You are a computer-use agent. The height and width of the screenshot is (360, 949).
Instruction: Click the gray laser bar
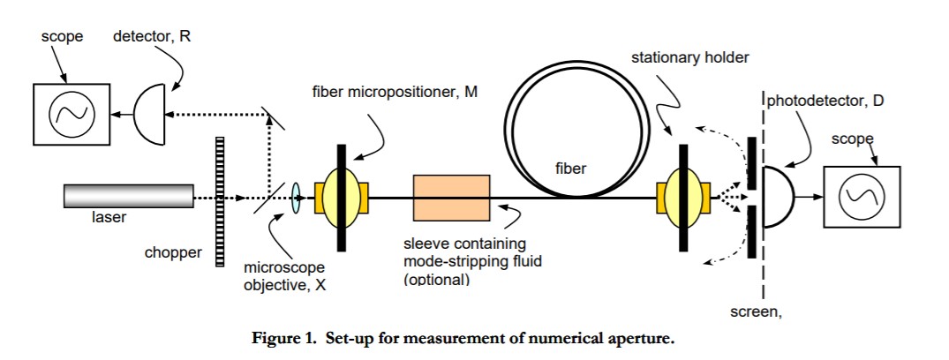click(128, 195)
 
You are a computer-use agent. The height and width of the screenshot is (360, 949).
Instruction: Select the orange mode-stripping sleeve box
click(451, 196)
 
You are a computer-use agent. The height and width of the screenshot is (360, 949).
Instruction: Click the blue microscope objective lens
click(296, 197)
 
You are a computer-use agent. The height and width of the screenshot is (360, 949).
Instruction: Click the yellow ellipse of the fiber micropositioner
click(339, 196)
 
